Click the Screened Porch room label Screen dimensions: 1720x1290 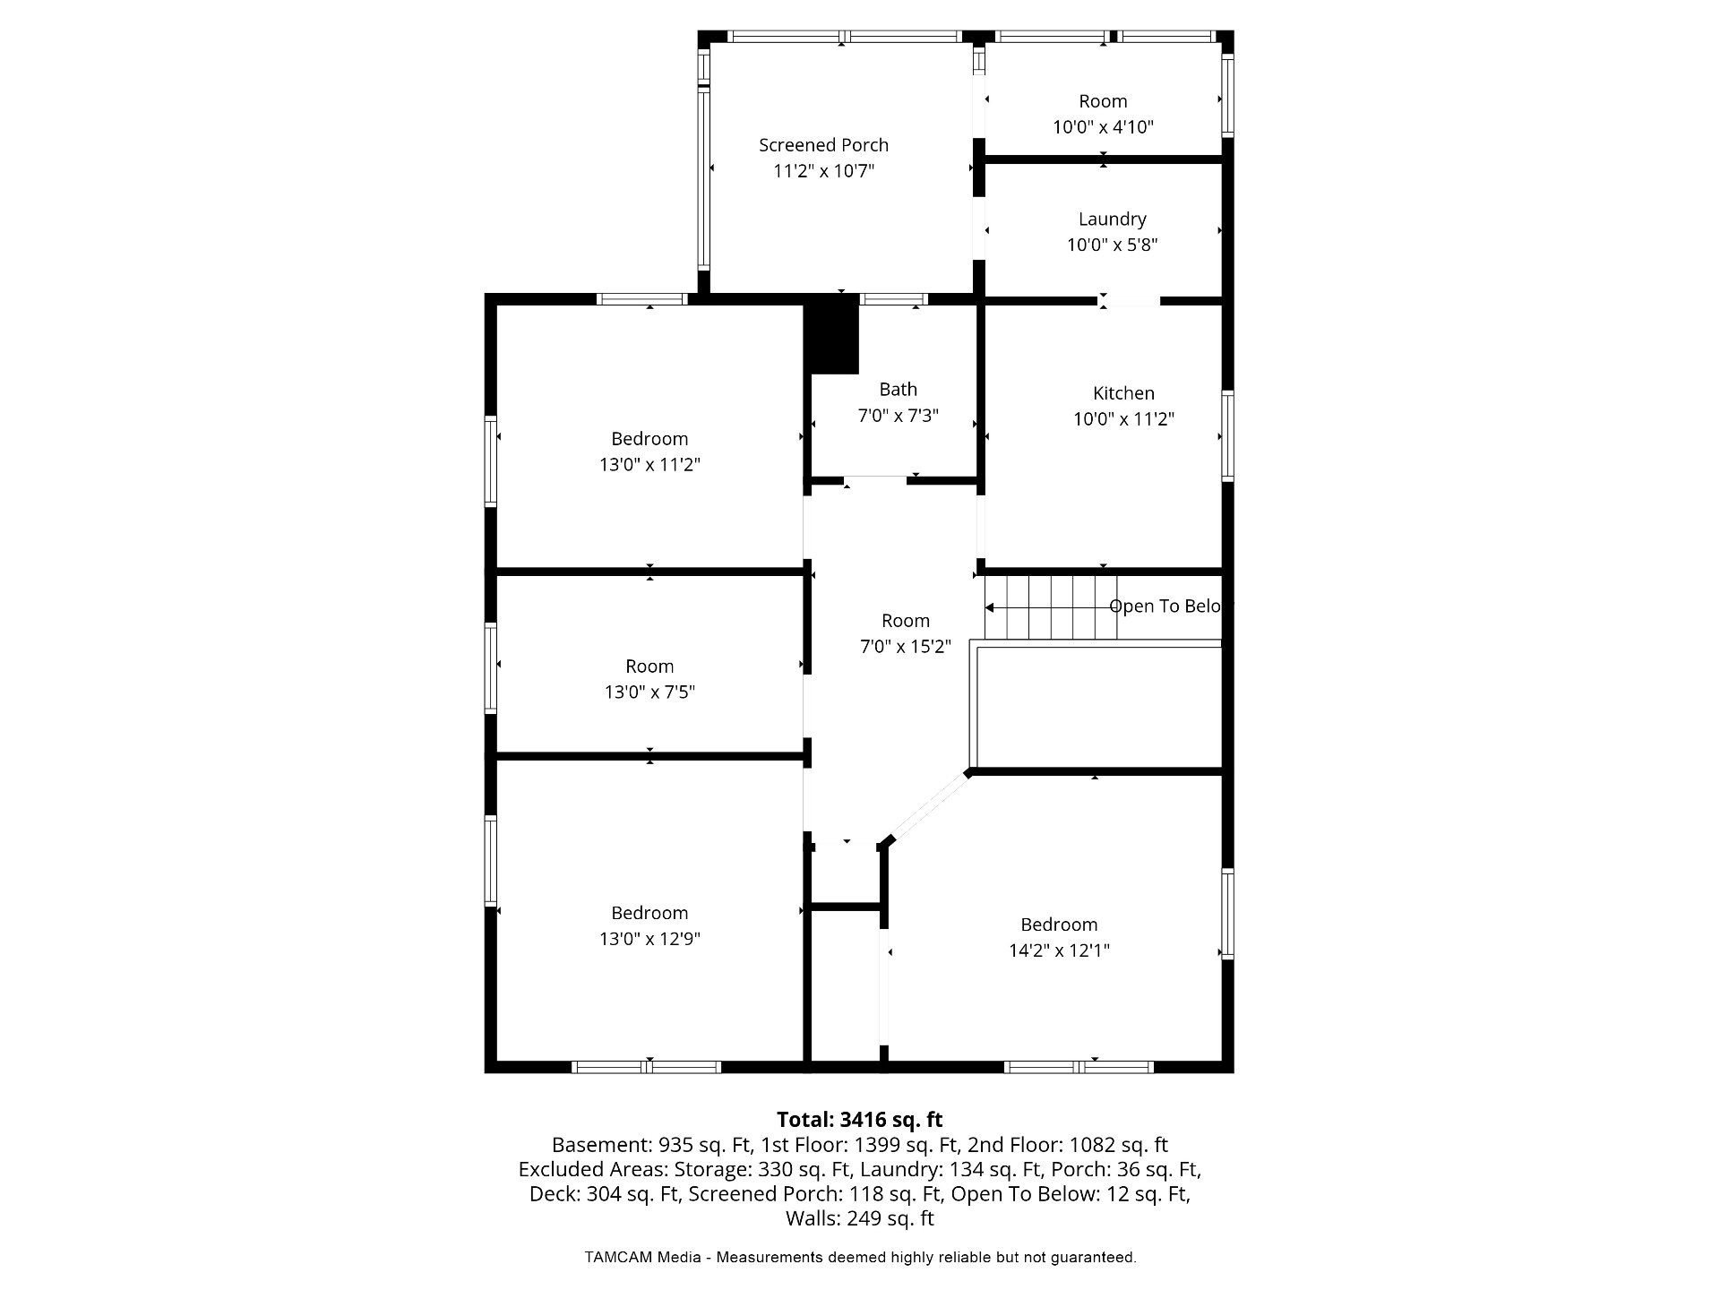tap(823, 145)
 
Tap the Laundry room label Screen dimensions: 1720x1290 tap(1112, 219)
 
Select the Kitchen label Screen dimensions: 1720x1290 tap(1123, 393)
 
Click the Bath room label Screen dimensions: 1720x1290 tap(898, 390)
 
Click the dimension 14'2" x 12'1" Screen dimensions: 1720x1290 tap(1059, 950)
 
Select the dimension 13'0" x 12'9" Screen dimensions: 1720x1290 tap(649, 939)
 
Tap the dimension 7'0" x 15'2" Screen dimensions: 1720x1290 tap(905, 647)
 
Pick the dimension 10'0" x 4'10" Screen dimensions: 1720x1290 tap(1103, 127)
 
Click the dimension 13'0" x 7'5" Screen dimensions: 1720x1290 tap(649, 692)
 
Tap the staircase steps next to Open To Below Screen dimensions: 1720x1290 tap(1051, 607)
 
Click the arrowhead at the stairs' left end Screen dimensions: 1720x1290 tap(990, 607)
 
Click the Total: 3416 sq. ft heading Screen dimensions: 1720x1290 tap(859, 1120)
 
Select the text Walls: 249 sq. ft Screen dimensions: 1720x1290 tap(859, 1218)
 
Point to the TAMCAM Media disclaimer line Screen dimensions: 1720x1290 tap(860, 1258)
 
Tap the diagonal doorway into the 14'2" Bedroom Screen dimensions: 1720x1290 tap(927, 808)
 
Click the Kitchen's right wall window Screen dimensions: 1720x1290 tap(1228, 436)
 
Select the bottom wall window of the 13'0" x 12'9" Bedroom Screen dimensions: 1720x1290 tap(646, 1067)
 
